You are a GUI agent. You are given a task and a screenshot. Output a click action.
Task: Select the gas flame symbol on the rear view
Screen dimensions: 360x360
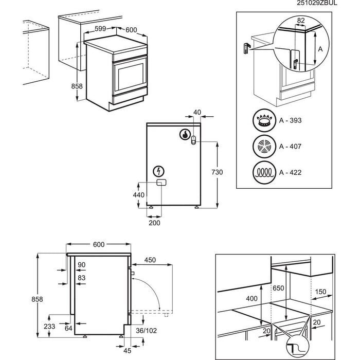click(x=184, y=135)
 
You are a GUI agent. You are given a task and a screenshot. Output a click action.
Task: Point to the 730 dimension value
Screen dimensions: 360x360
click(x=218, y=173)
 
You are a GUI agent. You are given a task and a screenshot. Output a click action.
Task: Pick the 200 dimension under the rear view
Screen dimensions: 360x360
click(x=154, y=223)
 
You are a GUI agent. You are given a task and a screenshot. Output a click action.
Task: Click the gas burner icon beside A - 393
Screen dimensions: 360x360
click(x=264, y=121)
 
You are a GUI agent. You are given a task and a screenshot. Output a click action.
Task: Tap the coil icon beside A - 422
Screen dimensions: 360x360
click(x=264, y=171)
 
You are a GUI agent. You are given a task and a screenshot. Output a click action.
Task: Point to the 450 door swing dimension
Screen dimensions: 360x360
click(x=150, y=260)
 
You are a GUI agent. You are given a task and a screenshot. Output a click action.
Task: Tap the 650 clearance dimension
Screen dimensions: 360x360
click(x=278, y=289)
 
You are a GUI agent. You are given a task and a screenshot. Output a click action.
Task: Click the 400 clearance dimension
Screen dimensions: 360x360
click(x=252, y=299)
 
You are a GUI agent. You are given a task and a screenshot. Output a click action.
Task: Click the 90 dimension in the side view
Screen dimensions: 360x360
click(x=82, y=265)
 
